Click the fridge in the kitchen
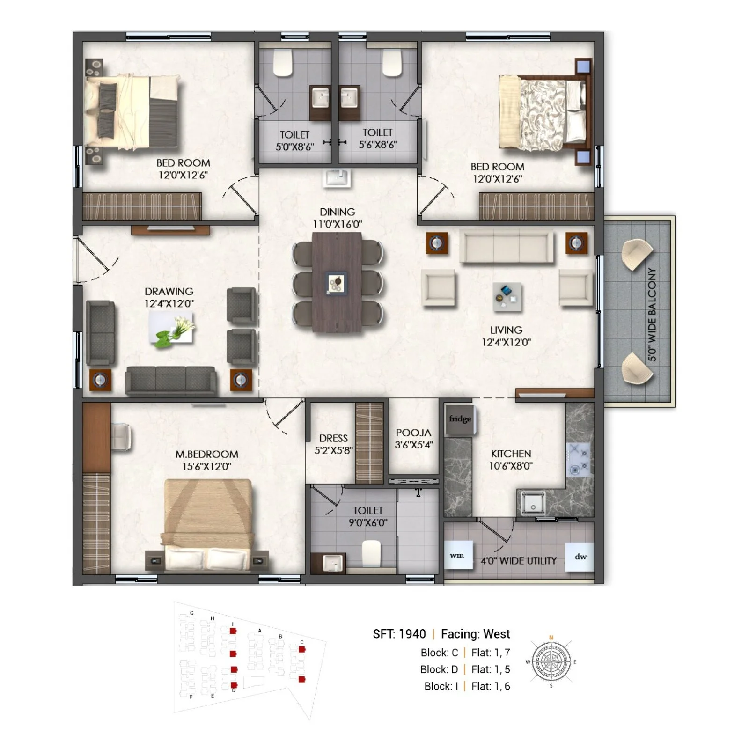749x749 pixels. [460, 420]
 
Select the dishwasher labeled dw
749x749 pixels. [580, 557]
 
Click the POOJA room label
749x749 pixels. [413, 433]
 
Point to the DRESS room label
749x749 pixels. [333, 439]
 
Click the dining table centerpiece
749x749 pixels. [336, 283]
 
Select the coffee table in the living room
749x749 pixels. [507, 297]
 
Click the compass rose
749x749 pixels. [551, 662]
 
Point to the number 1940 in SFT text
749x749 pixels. [412, 634]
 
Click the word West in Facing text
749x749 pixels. [497, 634]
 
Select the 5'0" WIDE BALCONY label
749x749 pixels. [652, 315]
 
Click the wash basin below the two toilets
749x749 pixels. [337, 178]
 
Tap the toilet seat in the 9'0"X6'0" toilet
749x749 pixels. [372, 553]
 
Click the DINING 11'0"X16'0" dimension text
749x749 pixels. [338, 224]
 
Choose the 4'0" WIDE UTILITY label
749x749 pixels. [519, 561]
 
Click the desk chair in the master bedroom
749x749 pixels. [121, 437]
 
